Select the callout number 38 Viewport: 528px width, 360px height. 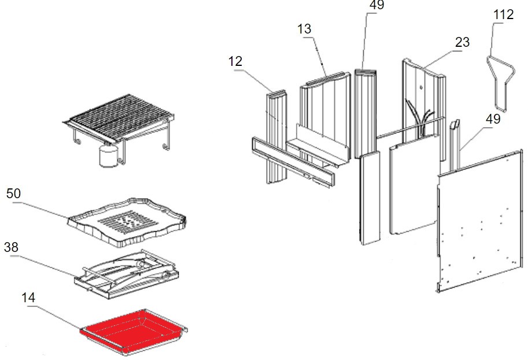coord(12,247)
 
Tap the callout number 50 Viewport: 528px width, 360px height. coord(14,193)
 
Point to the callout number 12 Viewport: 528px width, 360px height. coord(235,61)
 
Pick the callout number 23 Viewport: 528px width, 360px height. coord(462,43)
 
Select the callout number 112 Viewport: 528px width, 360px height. coord(503,14)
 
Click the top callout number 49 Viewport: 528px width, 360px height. coord(376,5)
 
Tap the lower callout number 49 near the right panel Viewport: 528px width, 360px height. coord(492,120)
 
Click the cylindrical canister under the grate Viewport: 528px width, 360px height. coord(108,156)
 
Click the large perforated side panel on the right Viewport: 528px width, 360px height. coord(480,220)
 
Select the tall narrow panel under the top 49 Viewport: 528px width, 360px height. coord(365,110)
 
